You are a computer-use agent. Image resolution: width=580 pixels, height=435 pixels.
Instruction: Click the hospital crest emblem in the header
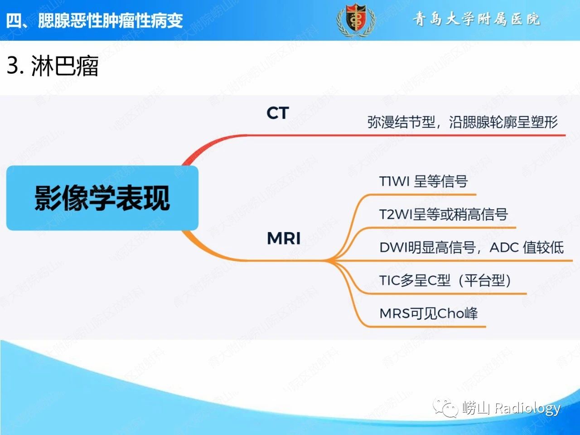click(356, 20)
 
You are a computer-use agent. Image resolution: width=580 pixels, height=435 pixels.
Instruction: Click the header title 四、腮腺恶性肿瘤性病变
click(94, 20)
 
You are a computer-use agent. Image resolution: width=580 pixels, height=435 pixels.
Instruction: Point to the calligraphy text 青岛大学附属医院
click(476, 19)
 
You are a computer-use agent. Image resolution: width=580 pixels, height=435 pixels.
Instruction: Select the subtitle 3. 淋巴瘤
click(53, 66)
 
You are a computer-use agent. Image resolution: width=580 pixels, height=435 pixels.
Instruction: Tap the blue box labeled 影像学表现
click(102, 198)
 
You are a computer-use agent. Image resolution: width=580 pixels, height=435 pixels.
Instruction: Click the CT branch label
click(277, 113)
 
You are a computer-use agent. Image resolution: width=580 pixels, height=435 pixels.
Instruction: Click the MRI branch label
click(284, 238)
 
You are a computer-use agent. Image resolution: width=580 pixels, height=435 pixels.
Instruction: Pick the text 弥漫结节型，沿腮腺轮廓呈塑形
click(463, 122)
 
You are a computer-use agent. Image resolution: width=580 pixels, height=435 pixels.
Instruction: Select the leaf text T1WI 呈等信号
click(423, 181)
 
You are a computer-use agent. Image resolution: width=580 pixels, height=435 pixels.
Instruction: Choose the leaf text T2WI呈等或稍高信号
click(444, 214)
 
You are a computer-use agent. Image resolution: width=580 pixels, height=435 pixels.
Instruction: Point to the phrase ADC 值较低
click(527, 247)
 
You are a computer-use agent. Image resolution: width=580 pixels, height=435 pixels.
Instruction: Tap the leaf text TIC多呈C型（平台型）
click(445, 280)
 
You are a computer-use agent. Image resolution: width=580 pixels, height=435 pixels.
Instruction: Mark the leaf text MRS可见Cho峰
click(428, 314)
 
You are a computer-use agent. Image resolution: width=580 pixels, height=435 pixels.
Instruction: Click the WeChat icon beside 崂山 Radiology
click(445, 408)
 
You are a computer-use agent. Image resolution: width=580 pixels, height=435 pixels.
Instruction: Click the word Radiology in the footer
click(527, 409)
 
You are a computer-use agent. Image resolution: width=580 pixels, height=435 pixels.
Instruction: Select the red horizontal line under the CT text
click(406, 135)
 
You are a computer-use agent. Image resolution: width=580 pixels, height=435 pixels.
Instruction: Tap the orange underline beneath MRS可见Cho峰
click(427, 327)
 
